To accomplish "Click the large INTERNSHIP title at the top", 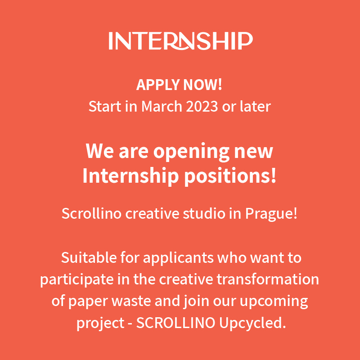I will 180,40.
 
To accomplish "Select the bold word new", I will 254,152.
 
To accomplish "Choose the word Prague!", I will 271,213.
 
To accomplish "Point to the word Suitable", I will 85,258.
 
